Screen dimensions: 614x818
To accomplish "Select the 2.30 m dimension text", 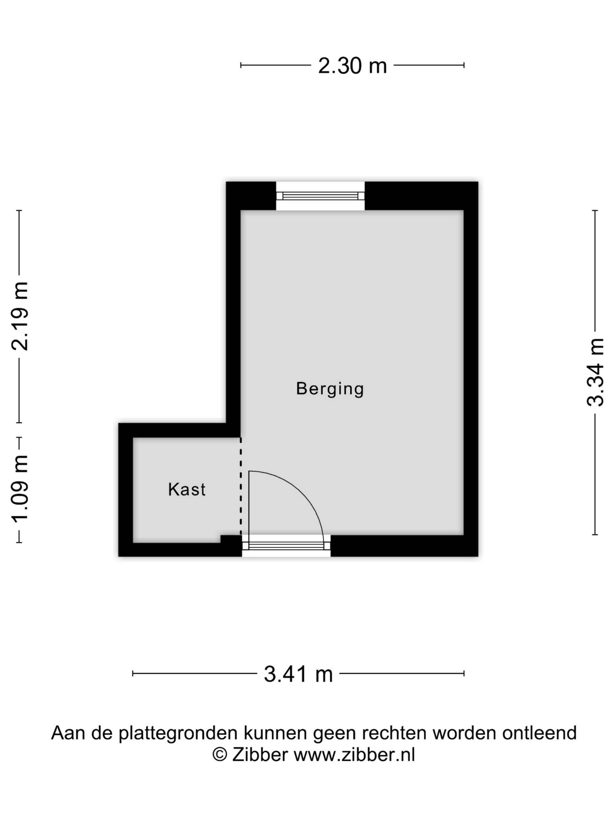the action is (x=352, y=66).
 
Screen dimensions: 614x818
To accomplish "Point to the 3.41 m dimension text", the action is (x=298, y=674).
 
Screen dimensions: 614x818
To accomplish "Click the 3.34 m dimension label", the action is (x=595, y=372).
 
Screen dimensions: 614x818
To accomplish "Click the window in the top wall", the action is (x=320, y=196).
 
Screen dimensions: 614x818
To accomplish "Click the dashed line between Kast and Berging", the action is (x=240, y=486).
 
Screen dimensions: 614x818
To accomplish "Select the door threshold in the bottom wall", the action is (x=286, y=546).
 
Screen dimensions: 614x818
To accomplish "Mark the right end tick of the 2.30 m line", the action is (x=464, y=66).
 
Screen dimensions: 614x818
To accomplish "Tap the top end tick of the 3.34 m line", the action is (x=595, y=211).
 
